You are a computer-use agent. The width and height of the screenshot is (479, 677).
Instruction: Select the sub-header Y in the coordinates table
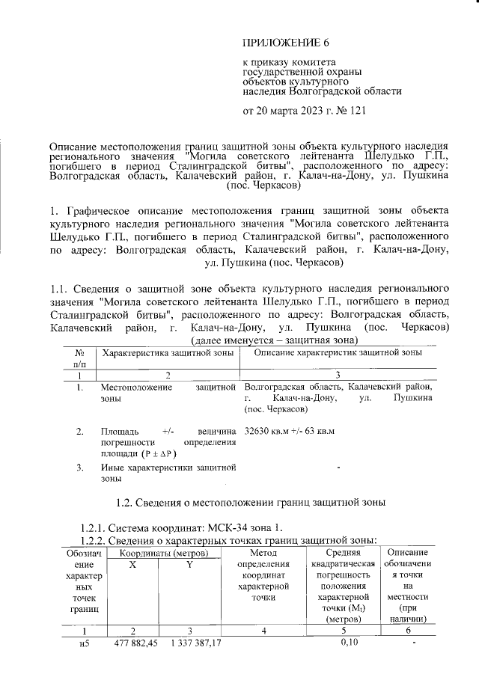(x=190, y=565)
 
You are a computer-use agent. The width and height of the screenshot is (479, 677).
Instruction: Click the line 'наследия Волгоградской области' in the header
(x=323, y=91)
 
